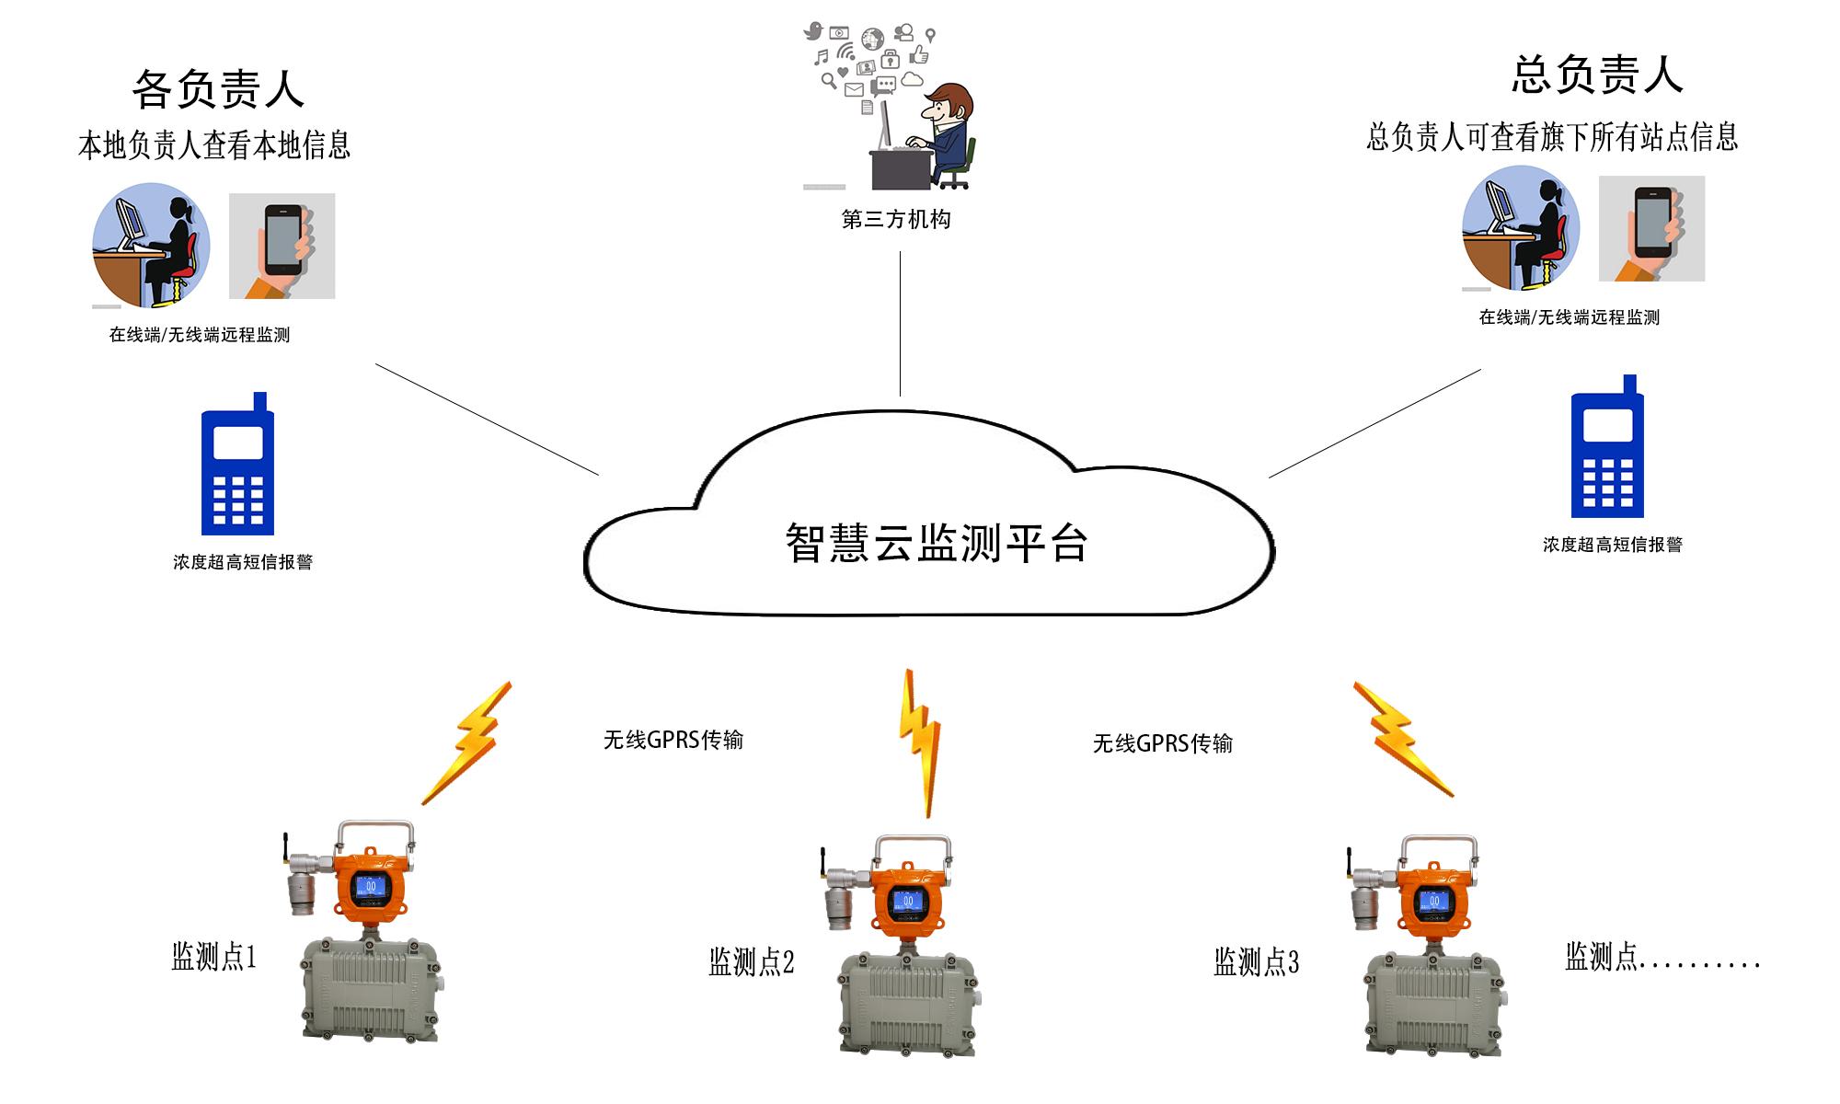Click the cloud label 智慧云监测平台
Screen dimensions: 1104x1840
click(x=936, y=543)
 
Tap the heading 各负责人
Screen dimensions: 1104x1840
click(x=218, y=89)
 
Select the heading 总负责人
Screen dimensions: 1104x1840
click(x=1597, y=75)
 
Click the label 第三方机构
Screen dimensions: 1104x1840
click(x=896, y=219)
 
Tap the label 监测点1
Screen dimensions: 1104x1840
click(x=213, y=957)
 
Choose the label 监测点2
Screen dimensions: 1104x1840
click(x=751, y=962)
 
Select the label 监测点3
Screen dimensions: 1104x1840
click(x=1256, y=962)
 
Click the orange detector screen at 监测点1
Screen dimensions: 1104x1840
click(x=372, y=887)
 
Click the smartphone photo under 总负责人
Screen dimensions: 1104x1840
click(x=1651, y=228)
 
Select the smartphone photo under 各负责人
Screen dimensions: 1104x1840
click(x=282, y=246)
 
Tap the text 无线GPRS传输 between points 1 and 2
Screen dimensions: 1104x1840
click(x=673, y=740)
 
